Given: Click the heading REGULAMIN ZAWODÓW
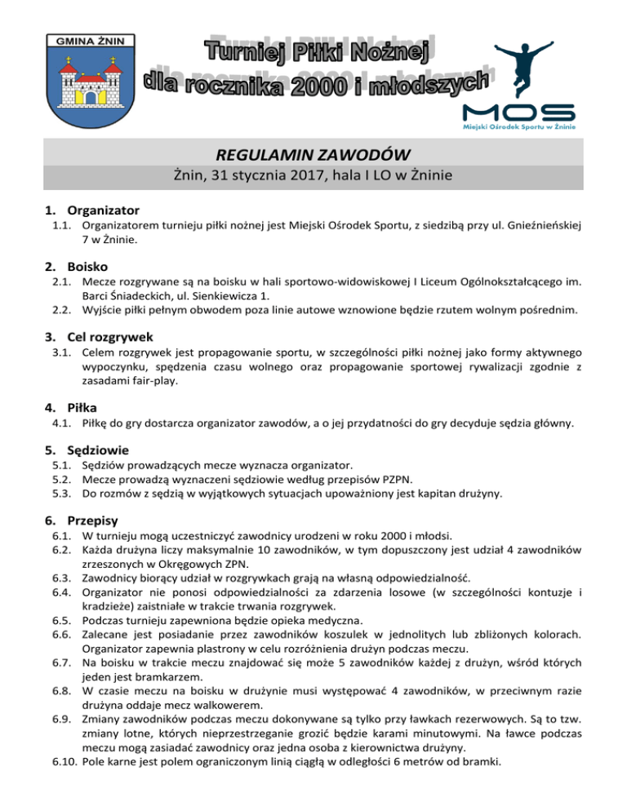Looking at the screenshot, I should point(313,153).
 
